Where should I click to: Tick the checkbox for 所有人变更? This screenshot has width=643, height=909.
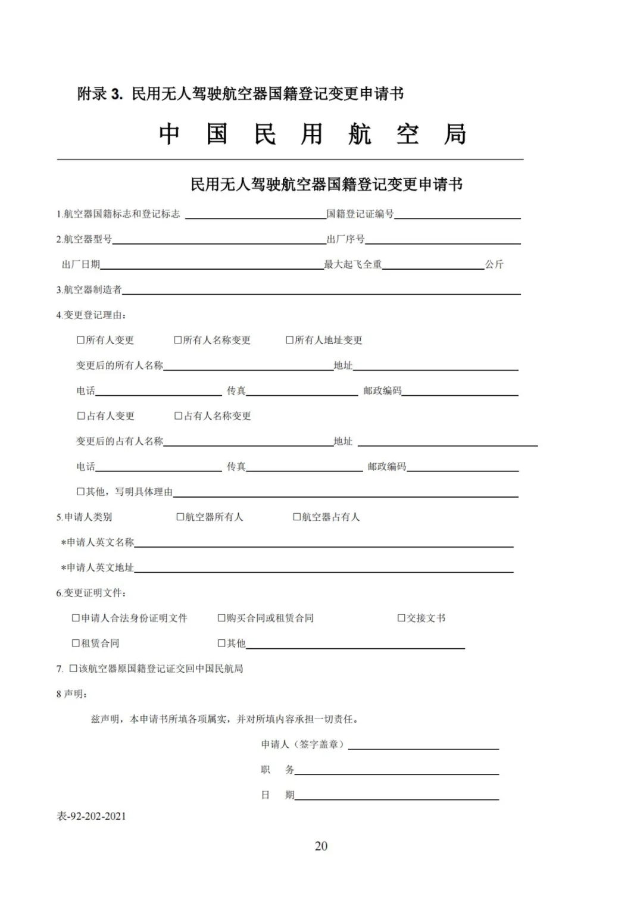81,340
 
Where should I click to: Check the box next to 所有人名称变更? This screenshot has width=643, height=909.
178,340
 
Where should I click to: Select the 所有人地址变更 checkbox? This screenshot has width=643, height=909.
290,340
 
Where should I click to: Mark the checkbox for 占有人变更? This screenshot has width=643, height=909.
81,416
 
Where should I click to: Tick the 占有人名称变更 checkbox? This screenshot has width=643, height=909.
178,416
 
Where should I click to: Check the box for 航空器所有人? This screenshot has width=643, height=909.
180,517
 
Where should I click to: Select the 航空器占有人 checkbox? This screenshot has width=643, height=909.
297,517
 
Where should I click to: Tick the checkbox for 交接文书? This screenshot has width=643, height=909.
401,618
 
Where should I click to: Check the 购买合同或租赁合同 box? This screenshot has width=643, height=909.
221,618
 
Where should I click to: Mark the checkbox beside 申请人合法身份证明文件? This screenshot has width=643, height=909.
76,618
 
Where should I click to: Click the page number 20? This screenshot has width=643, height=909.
321,846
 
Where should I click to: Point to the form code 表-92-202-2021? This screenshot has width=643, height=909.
91,816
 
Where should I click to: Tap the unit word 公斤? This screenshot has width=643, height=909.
494,264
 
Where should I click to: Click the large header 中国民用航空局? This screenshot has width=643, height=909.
313,135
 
